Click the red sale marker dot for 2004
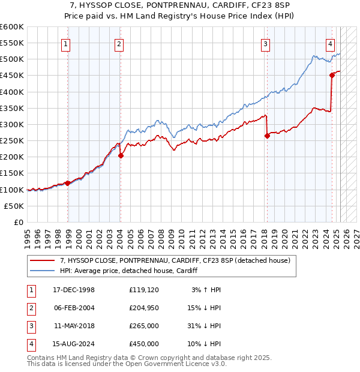[x=121, y=155]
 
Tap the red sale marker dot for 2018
[x=268, y=136]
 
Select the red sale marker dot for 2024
[x=332, y=75]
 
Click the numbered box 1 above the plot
[x=65, y=43]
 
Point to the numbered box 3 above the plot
[x=265, y=43]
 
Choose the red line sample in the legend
[x=42, y=260]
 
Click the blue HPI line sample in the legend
[x=42, y=271]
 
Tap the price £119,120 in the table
[x=144, y=290]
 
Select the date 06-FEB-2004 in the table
[x=74, y=308]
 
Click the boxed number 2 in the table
[x=29, y=308]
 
